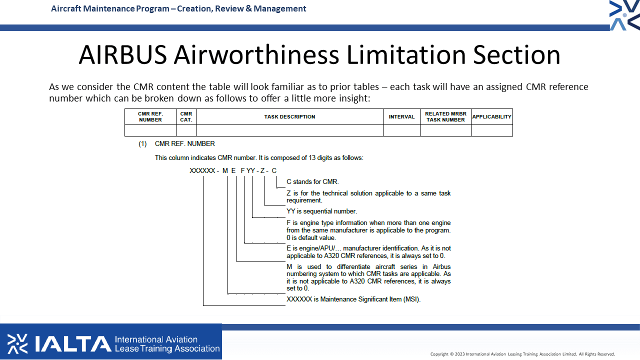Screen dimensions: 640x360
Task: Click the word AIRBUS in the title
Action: click(x=123, y=55)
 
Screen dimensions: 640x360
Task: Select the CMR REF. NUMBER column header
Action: click(x=150, y=117)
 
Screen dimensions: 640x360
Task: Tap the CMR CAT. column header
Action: click(x=186, y=117)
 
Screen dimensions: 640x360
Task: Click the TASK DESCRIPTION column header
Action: click(x=289, y=117)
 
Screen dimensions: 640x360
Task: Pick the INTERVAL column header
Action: click(x=401, y=117)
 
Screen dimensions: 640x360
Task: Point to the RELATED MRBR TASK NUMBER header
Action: click(x=445, y=117)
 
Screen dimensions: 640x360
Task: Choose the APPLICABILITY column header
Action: click(x=491, y=117)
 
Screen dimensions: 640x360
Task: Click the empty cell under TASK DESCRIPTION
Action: click(x=289, y=130)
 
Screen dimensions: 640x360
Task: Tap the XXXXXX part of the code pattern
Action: click(x=202, y=170)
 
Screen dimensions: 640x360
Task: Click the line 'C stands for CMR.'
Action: click(x=312, y=181)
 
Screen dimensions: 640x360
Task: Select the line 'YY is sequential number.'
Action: click(x=321, y=211)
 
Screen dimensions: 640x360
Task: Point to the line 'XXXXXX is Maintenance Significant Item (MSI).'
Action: click(x=353, y=299)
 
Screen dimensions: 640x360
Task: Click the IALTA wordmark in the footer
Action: click(x=73, y=343)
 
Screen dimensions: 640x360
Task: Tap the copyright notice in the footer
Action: click(x=522, y=354)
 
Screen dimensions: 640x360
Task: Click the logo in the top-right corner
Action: click(x=624, y=15)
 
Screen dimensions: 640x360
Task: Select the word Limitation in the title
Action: click(x=406, y=55)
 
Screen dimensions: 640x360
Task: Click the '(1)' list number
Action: click(x=142, y=143)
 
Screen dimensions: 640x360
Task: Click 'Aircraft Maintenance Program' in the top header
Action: click(x=110, y=9)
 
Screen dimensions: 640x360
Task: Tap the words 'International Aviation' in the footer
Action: click(x=156, y=339)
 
